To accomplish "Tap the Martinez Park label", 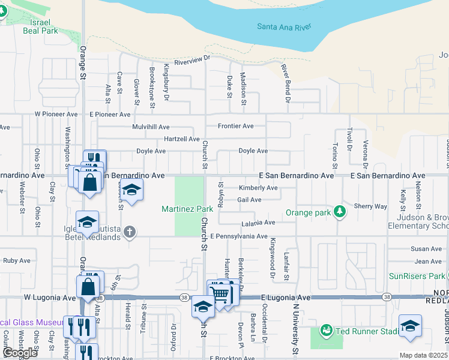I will pos(187,209).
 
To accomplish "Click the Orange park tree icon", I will pos(340,211).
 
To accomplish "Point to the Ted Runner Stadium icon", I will pos(327,331).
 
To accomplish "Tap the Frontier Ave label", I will pos(235,126).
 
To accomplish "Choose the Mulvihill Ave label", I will pos(151,127).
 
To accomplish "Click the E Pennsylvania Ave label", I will pos(238,236).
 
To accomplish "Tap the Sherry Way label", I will pos(370,206).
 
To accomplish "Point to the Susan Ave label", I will pos(427,248).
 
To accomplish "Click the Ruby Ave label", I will pos(16,260).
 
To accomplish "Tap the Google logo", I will pos(20,353).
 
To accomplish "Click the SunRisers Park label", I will pos(416,275).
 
